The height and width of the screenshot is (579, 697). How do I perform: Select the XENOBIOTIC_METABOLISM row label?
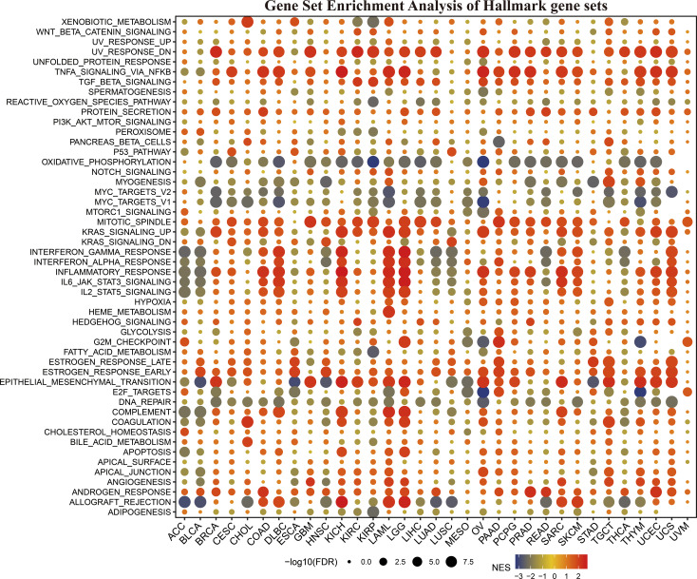121,21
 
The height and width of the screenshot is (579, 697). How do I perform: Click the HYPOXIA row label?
153,301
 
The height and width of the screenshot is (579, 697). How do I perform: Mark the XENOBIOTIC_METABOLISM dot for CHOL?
248,22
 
